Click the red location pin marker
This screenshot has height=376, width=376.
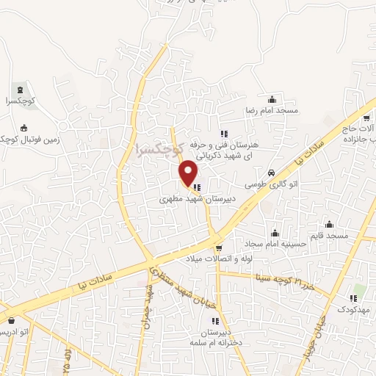[x=189, y=174]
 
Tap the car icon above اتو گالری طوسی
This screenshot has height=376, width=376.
[x=272, y=173]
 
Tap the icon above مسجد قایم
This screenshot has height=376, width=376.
[x=329, y=224]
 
